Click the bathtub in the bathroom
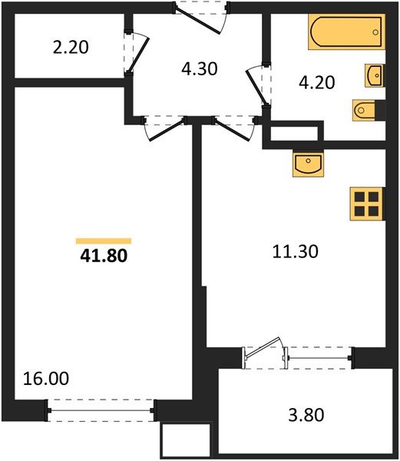point(346,33)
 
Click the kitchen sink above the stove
point(310,164)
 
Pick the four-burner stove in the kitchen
point(367,204)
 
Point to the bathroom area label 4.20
point(316,82)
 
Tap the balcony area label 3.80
point(306,416)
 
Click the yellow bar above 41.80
point(103,240)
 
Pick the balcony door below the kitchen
point(264,353)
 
